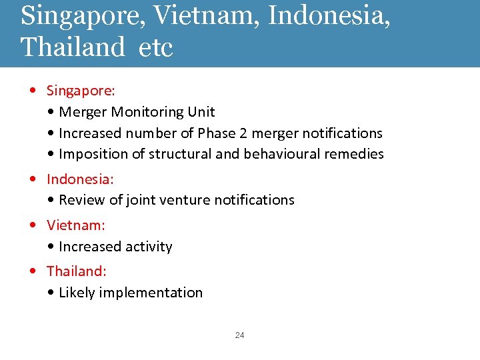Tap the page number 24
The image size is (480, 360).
pos(239,335)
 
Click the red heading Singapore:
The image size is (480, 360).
pos(81,90)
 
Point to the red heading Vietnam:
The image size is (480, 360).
pos(76,225)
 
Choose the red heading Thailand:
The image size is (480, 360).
pos(77,271)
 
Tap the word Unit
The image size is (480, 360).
pos(202,112)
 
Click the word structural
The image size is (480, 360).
pos(179,154)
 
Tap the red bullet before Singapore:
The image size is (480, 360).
pos(33,90)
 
